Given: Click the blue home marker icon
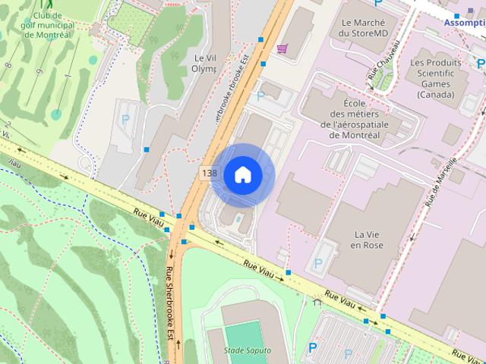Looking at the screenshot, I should (242, 174).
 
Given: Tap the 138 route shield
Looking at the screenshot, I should (210, 174).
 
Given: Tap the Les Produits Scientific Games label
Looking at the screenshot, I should (437, 77).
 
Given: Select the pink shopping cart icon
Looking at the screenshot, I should (282, 49).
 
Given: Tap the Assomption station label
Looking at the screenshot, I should (465, 23).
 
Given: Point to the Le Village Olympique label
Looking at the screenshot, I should (204, 63).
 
